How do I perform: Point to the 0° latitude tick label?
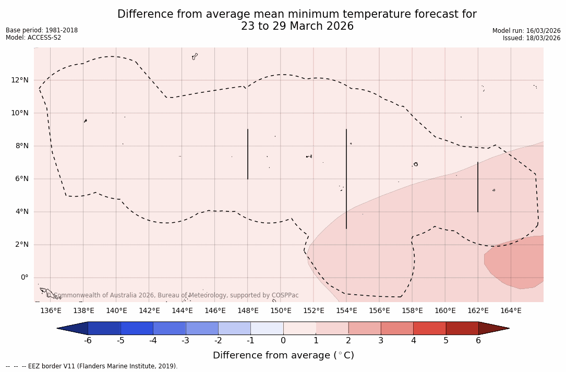click(x=24, y=278)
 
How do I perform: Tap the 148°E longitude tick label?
click(x=248, y=311)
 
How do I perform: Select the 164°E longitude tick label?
click(x=511, y=311)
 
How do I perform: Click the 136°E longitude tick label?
click(x=51, y=311)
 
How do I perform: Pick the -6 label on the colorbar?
click(x=88, y=341)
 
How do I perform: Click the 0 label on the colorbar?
click(x=283, y=341)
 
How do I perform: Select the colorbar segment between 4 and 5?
click(x=429, y=328)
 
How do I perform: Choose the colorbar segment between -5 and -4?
click(x=137, y=328)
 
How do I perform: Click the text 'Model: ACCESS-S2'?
click(x=33, y=38)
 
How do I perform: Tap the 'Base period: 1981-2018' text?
click(x=42, y=30)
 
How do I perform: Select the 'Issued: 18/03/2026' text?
click(x=532, y=38)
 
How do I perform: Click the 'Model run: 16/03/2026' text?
click(x=526, y=31)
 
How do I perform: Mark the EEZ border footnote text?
click(x=92, y=366)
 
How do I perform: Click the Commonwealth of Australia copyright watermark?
click(x=173, y=295)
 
